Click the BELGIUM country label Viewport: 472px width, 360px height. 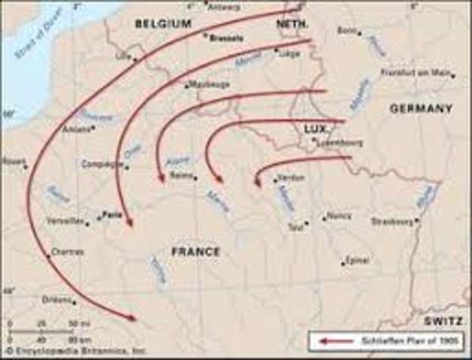click(x=163, y=24)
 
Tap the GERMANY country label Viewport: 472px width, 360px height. click(x=420, y=109)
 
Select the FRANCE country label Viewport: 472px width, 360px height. click(x=196, y=252)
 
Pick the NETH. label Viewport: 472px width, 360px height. click(x=292, y=24)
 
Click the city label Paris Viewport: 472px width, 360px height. click(x=113, y=214)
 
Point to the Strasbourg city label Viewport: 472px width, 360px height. click(x=393, y=221)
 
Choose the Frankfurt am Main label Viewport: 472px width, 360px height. click(x=416, y=73)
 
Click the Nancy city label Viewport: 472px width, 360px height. click(x=339, y=216)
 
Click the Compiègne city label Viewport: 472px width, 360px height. click(x=102, y=163)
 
